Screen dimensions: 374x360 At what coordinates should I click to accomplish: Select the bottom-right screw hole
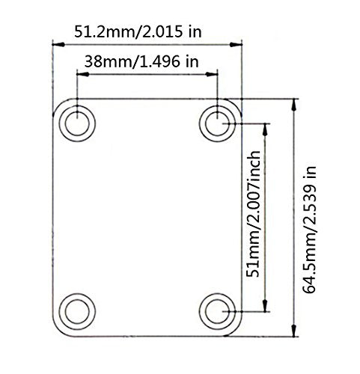(218, 310)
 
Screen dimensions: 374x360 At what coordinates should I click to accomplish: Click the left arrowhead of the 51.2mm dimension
(56, 44)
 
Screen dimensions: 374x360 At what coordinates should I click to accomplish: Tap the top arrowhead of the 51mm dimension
(265, 124)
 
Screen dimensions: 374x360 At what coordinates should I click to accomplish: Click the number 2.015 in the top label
(171, 31)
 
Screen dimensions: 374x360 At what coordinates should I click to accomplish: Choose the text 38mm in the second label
(104, 62)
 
